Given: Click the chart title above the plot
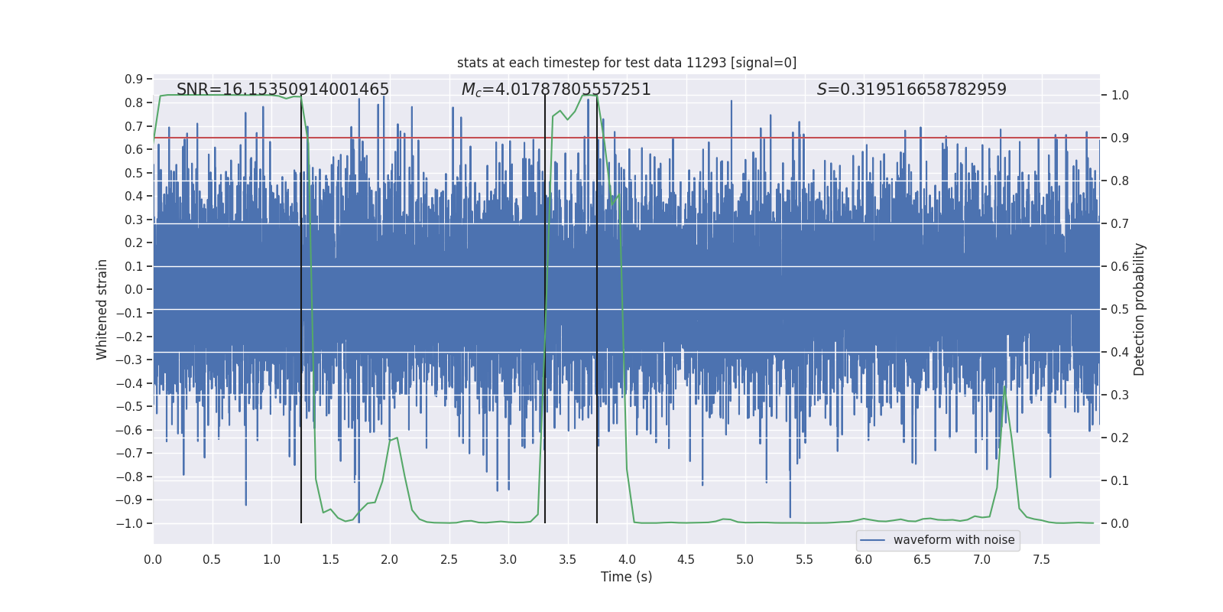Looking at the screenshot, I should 627,63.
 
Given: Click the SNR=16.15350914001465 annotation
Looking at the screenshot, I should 283,90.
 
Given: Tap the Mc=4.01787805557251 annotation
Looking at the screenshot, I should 556,90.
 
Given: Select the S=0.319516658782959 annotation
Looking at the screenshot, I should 911,90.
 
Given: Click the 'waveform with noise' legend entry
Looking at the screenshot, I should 953,540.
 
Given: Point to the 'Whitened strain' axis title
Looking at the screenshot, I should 102,309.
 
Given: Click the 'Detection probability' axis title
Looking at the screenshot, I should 1140,309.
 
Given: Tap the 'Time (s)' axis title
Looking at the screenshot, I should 626,577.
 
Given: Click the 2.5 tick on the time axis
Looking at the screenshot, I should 449,559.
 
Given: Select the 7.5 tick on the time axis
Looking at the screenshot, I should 1041,559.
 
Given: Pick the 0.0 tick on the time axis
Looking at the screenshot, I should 153,559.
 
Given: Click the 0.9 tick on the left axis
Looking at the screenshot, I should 134,80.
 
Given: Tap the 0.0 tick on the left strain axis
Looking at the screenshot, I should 134,290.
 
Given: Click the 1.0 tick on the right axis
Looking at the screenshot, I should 1120,96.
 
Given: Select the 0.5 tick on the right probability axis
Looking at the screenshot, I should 1120,309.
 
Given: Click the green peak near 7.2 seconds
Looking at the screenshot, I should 1004,387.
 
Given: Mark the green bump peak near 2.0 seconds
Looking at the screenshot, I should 396,438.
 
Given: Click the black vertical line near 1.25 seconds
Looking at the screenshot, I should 301,306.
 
